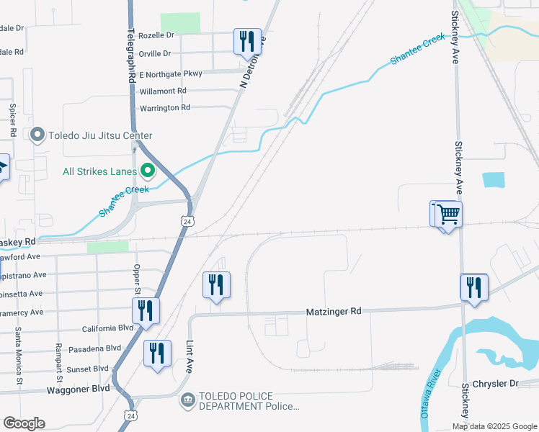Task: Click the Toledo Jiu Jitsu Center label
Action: coord(100,135)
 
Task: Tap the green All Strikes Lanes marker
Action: coord(149,171)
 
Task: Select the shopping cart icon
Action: coord(447,214)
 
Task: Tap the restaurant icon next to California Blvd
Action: coord(146,310)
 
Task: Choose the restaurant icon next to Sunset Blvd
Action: coord(157,353)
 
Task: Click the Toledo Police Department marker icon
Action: coord(187,400)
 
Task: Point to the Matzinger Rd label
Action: coord(337,311)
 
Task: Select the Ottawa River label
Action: coord(430,395)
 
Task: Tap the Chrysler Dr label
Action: coord(495,384)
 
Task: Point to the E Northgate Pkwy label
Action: coord(171,73)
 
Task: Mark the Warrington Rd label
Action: coord(164,108)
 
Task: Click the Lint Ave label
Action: coord(190,356)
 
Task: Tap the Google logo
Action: coord(24,423)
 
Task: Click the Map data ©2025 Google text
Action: coord(494,426)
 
